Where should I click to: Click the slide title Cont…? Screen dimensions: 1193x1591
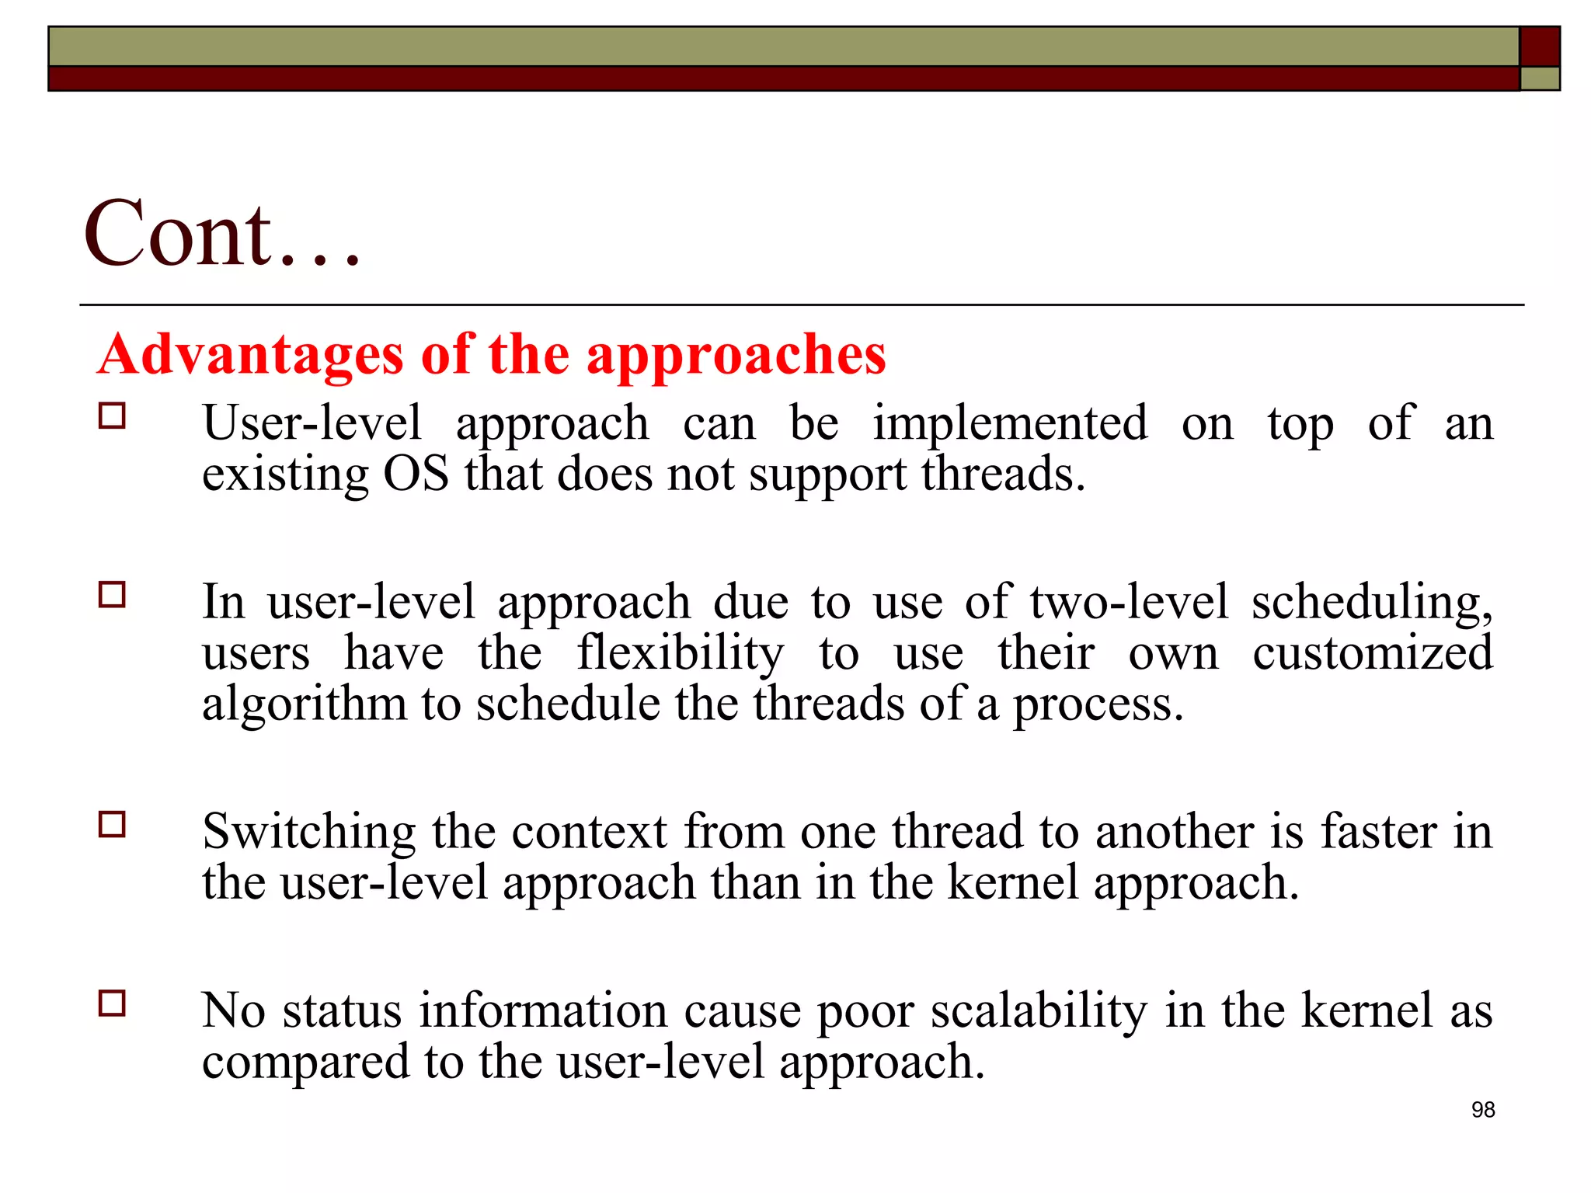(222, 233)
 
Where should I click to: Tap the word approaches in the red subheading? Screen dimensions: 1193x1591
(736, 356)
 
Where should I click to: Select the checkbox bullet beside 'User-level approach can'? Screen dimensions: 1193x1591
(113, 416)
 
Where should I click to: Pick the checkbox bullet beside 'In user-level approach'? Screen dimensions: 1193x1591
(113, 595)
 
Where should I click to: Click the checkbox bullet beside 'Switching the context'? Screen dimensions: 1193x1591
(113, 824)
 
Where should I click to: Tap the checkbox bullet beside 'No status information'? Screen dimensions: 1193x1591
(113, 1003)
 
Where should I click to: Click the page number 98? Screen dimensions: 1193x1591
(1482, 1110)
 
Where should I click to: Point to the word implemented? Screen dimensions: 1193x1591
(1010, 424)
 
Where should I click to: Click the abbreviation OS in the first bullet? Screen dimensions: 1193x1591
(416, 474)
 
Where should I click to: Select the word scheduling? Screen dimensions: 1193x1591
(1371, 603)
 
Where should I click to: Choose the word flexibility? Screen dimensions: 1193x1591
(680, 653)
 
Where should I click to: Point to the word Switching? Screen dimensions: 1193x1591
(309, 833)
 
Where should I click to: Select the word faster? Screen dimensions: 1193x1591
(1378, 831)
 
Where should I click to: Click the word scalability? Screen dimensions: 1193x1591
(1039, 1011)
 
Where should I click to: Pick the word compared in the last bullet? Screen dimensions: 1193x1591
(305, 1063)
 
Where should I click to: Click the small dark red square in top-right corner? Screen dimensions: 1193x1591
(1539, 47)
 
